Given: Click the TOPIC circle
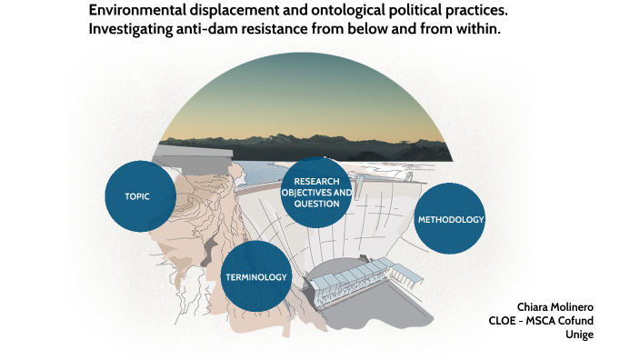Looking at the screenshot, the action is tap(139, 196).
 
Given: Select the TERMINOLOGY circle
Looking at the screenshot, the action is tap(255, 276).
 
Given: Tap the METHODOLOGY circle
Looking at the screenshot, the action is tap(450, 219).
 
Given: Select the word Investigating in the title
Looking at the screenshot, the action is tap(133, 29).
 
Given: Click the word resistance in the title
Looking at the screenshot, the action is tap(295, 29).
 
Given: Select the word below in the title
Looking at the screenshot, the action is tap(378, 29).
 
